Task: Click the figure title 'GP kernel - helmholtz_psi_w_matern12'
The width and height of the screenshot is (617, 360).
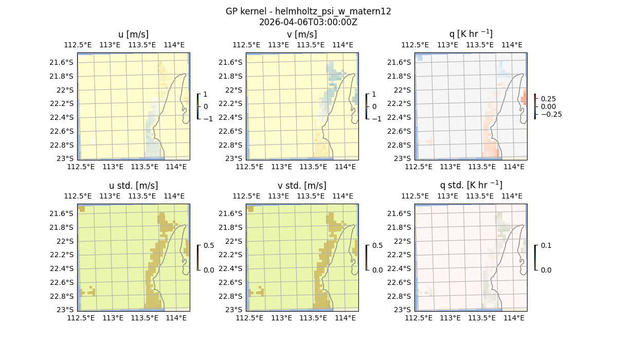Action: point(308,11)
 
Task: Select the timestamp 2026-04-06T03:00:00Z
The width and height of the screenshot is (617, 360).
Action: point(308,22)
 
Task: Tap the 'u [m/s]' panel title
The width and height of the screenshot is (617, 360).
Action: point(133,34)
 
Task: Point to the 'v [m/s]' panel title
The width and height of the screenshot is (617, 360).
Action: point(302,34)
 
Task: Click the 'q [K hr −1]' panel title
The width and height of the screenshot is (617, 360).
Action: point(470,34)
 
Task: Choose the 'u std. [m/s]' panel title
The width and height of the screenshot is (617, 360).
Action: point(133,186)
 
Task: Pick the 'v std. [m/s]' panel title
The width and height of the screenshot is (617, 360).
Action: point(302,186)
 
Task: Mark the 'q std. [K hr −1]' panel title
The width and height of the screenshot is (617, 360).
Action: point(470,185)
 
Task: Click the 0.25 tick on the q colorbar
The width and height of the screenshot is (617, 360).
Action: point(547,99)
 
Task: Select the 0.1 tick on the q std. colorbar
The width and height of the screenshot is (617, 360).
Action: point(545,246)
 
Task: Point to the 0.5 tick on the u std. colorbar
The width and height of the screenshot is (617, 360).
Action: point(209,246)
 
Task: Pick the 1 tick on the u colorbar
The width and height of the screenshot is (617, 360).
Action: point(206,95)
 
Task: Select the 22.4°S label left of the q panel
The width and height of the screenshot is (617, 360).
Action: point(401,117)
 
